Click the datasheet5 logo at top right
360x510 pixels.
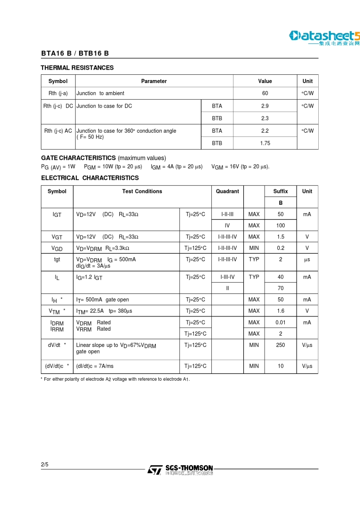[324, 38]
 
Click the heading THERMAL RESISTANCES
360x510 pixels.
[77, 68]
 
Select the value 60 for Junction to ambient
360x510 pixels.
[265, 93]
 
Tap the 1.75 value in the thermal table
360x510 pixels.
[265, 143]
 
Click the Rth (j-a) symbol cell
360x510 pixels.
[58, 93]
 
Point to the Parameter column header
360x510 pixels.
[154, 81]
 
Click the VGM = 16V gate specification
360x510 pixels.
[240, 167]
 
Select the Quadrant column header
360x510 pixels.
[227, 191]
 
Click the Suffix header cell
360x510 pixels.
[280, 191]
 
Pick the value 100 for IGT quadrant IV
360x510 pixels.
[280, 226]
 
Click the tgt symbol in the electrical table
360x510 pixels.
[57, 260]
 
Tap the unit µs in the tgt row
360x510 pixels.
[307, 260]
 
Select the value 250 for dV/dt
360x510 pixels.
[280, 345]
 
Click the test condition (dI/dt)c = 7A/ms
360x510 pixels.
[95, 366]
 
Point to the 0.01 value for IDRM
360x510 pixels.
[280, 323]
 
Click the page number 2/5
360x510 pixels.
[45, 464]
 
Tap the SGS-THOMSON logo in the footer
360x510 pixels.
[181, 470]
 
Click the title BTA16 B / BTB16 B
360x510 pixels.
[75, 53]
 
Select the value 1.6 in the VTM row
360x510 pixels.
[280, 311]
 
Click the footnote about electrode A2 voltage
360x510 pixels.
[115, 379]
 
